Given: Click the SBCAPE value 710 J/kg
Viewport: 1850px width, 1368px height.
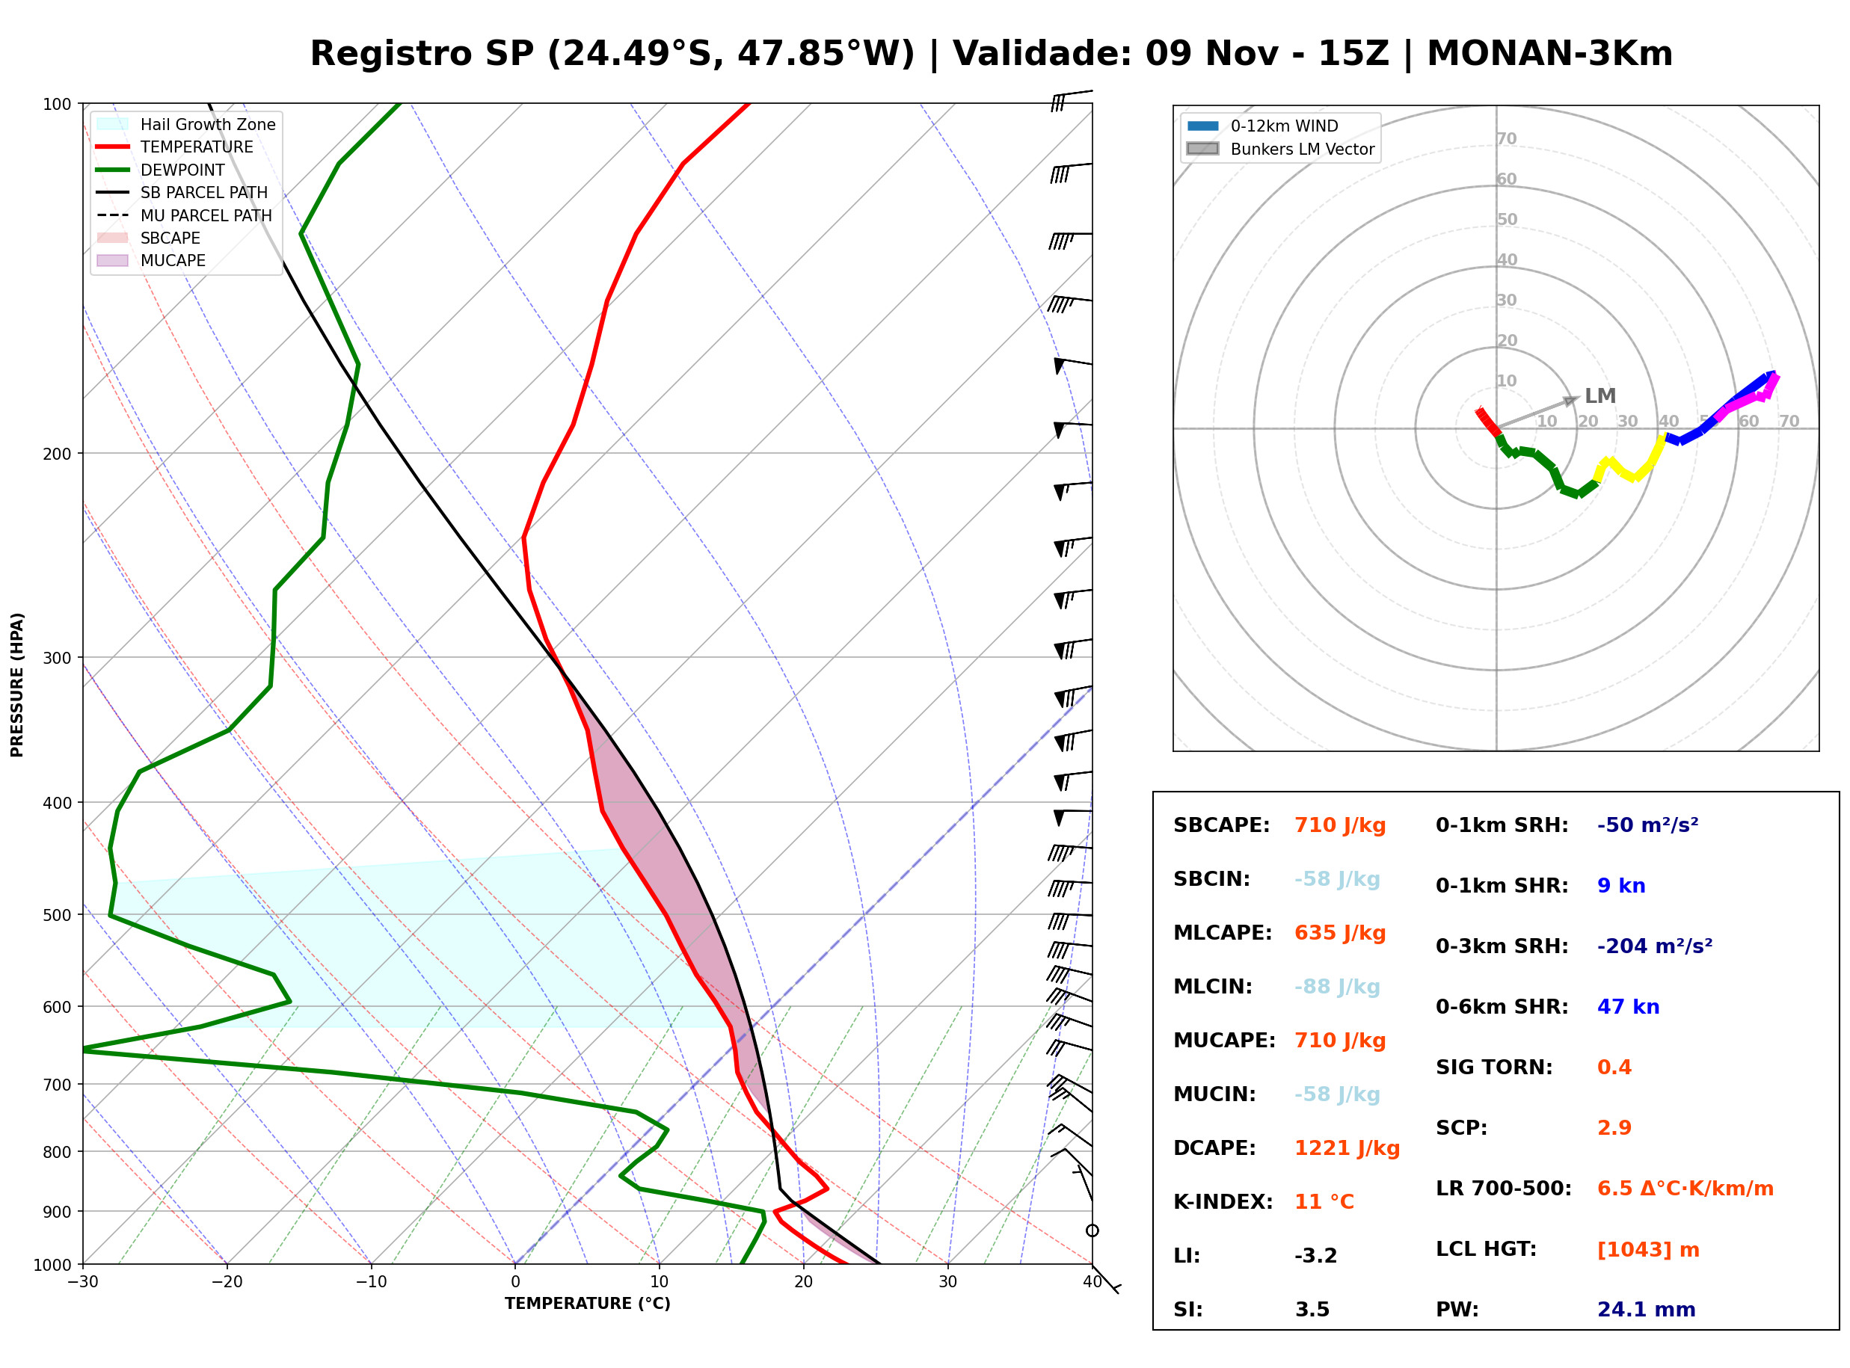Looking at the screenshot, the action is (1340, 825).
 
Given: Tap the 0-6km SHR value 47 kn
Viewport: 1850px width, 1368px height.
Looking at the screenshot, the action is (1628, 1007).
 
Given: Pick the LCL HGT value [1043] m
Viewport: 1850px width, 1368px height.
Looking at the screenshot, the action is (1648, 1250).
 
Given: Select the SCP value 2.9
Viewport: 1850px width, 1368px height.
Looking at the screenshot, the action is (1614, 1129).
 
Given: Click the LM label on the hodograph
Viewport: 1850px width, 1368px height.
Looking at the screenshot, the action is (1600, 396).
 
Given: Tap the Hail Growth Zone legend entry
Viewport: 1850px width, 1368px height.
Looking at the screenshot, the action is (186, 124).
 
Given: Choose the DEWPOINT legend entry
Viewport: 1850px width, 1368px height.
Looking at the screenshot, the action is (161, 170).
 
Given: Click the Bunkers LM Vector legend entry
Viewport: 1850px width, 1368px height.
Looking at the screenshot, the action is (1280, 149).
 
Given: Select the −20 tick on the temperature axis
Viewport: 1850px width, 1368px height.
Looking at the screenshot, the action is (226, 1282).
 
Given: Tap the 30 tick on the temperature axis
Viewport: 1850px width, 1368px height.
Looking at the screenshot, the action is (947, 1282).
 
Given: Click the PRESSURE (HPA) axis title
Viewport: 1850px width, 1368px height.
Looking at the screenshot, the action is (17, 685).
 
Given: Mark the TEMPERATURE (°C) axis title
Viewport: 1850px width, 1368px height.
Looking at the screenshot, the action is (587, 1304).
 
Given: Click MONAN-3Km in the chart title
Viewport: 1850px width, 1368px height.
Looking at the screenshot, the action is (1549, 54).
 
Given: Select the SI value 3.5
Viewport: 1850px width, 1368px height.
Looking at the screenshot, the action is (1312, 1310).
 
